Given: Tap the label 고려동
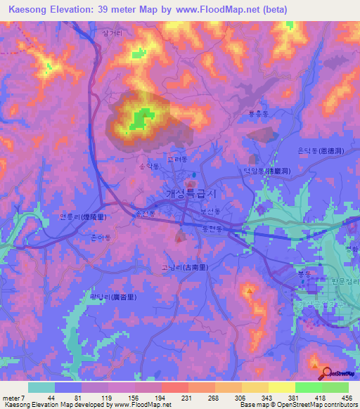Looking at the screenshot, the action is coord(178,160).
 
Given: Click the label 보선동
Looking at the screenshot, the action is coord(210,211).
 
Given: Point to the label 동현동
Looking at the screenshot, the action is coord(212,228).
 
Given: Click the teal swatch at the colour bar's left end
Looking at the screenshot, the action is coord(41,387).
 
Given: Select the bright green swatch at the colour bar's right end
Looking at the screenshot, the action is coord(335,387).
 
